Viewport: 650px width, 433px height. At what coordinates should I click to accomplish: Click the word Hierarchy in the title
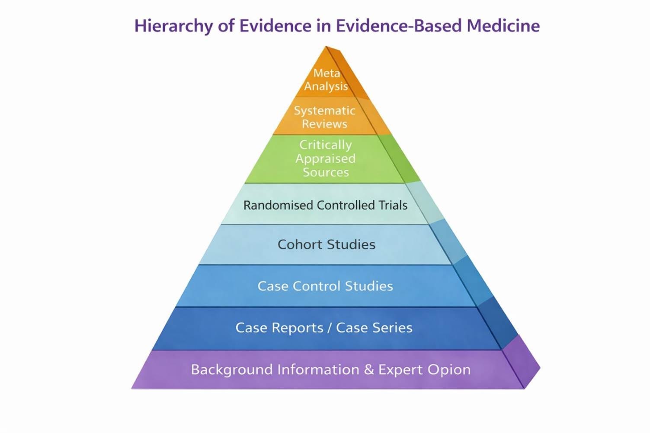174,26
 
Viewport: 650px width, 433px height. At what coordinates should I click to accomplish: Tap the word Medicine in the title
503,25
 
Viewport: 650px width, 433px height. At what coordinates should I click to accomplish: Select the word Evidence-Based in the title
398,25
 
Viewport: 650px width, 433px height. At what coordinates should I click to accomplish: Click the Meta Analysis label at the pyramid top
326,79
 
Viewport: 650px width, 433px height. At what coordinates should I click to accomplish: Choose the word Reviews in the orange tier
324,124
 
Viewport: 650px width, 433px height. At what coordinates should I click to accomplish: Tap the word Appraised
325,159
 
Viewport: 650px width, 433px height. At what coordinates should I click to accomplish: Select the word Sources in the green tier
326,172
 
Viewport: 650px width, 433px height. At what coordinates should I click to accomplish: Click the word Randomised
278,205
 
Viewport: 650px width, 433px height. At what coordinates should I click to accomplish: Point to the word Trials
393,205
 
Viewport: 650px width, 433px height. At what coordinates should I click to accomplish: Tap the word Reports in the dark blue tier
298,328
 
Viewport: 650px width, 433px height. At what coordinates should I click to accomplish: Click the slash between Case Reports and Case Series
330,328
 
